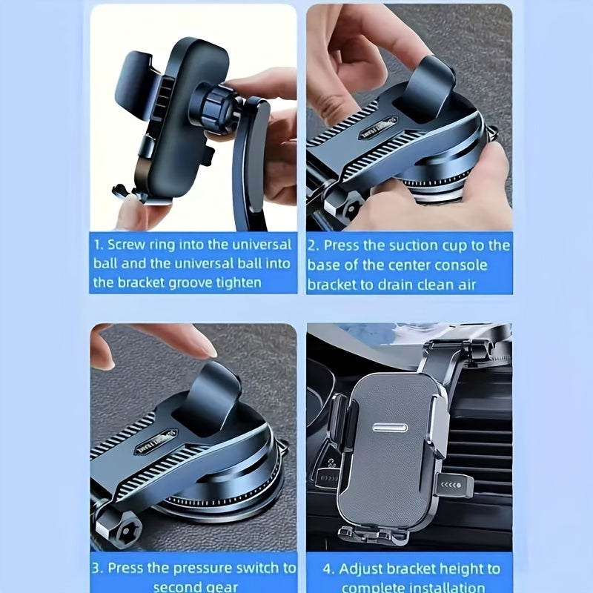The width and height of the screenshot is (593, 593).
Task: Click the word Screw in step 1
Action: [127, 244]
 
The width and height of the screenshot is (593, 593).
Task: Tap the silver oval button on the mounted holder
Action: [393, 428]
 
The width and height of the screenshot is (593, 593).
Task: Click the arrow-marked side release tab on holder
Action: [454, 486]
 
